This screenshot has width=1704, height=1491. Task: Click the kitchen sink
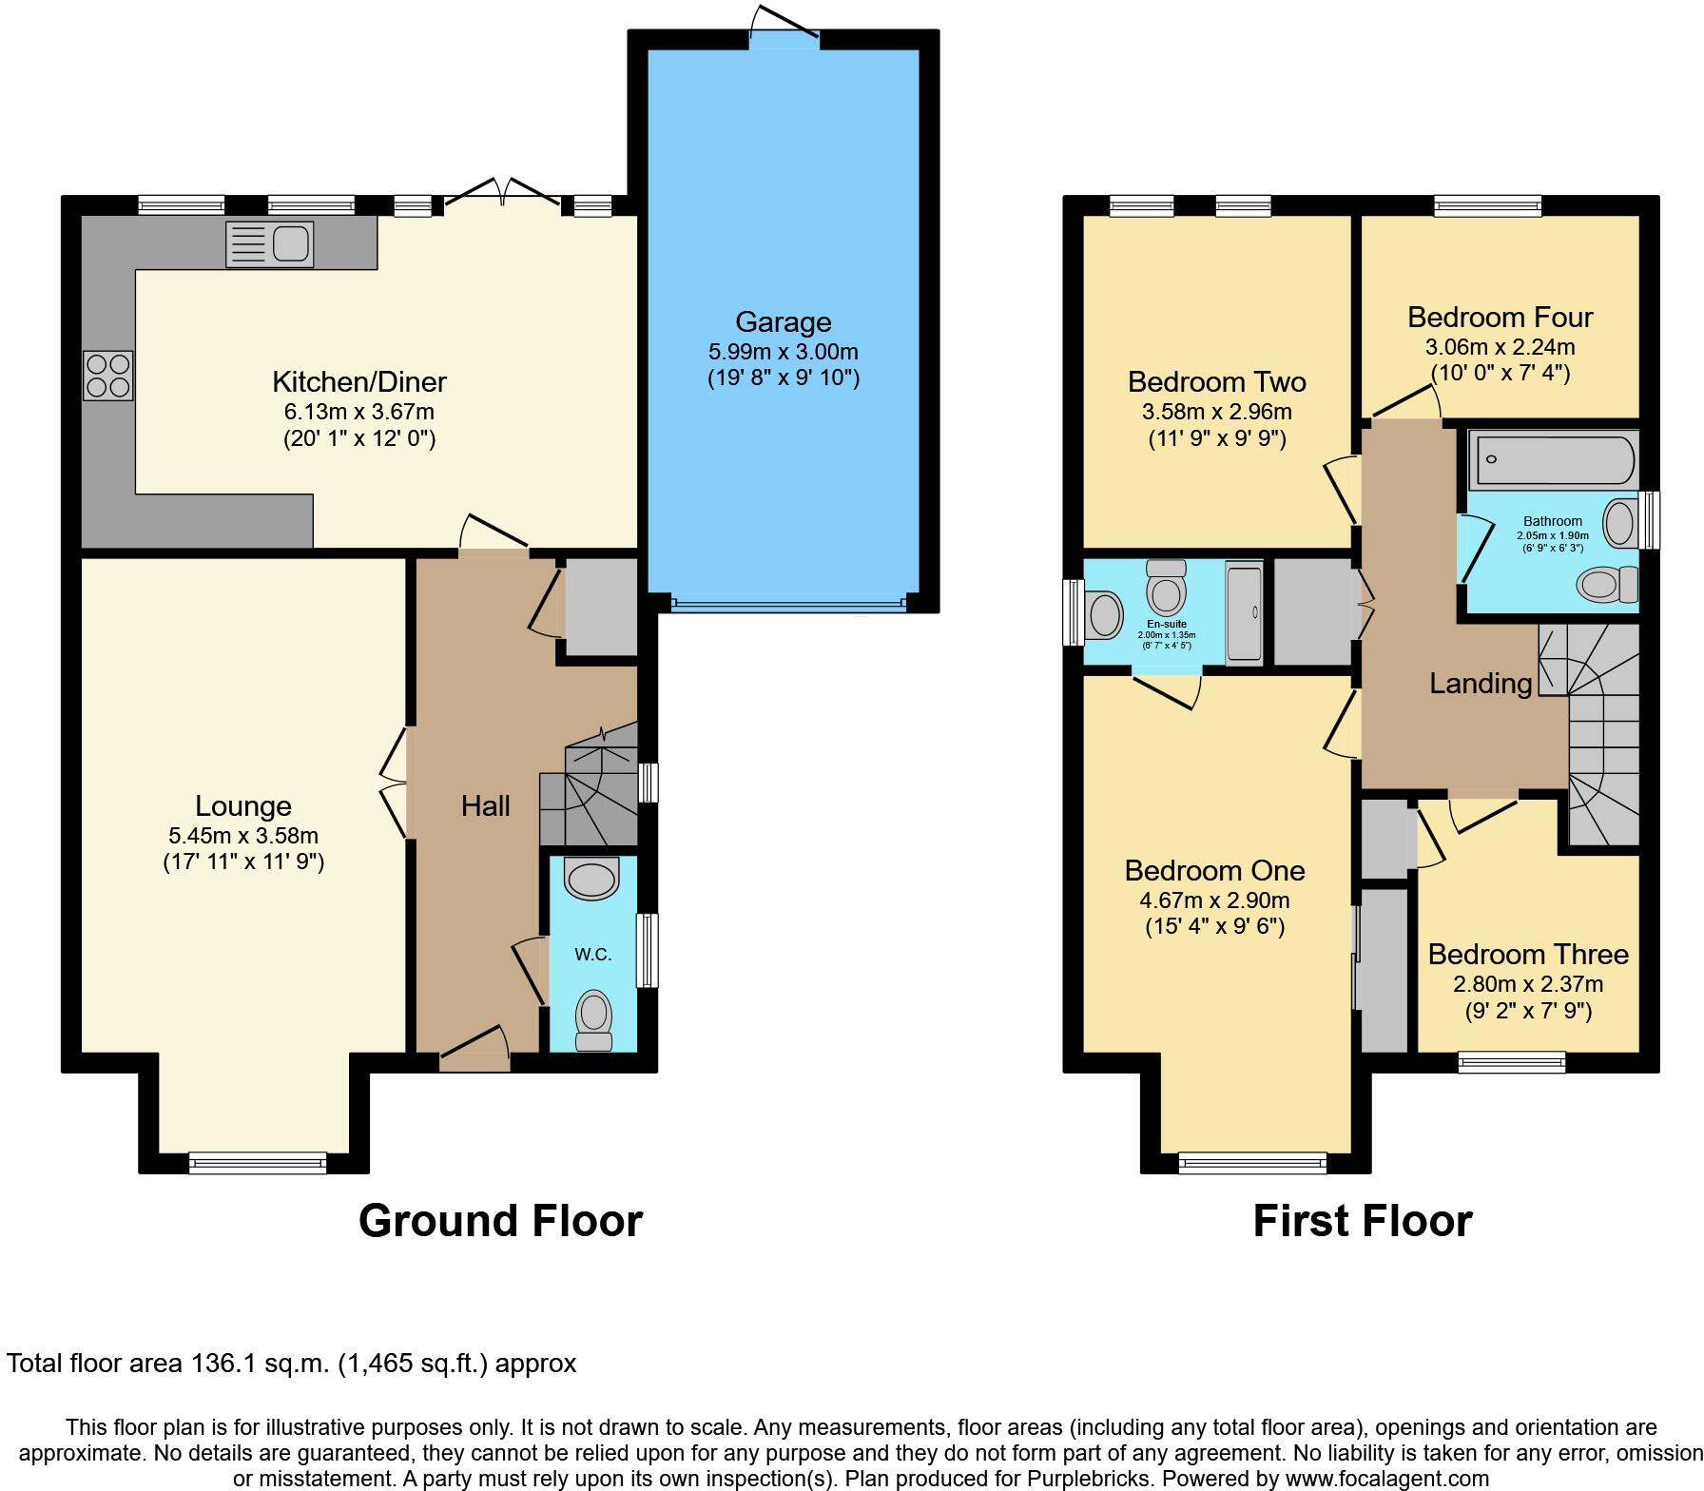pos(270,244)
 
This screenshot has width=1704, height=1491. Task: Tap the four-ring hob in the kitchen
pos(107,376)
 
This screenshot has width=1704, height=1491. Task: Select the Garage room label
pos(783,322)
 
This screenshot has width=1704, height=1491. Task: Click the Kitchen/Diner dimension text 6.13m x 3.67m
pos(358,412)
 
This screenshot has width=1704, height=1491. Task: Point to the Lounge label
pos(242,806)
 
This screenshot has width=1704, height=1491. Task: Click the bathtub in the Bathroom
pos(1553,458)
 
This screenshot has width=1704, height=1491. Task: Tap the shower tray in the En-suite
pos(1244,612)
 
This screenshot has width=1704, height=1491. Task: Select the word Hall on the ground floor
pos(485,806)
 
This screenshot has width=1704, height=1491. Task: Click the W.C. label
pos(592,955)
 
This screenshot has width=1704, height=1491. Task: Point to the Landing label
pos(1481,684)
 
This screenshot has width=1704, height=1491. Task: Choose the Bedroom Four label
pos(1500,317)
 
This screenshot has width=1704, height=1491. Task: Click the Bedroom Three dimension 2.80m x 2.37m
pos(1527,984)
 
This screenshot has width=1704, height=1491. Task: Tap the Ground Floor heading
pos(500,1221)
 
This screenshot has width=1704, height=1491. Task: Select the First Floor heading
pos(1362,1221)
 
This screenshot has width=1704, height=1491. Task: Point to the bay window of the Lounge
pos(258,1162)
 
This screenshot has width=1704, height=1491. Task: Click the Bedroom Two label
pos(1216,382)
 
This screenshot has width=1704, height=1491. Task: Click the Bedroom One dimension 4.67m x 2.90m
pos(1214,900)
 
